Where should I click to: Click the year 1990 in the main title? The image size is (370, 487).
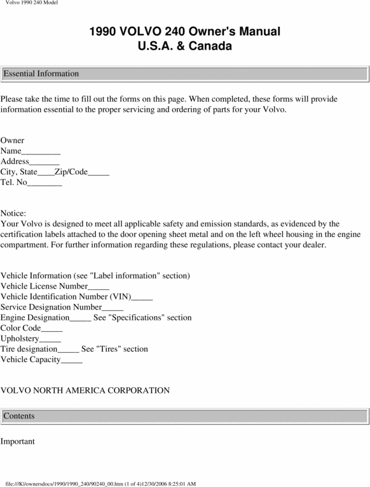(102, 32)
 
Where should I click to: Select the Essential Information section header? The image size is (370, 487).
(41, 74)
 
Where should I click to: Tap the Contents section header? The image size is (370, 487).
(19, 416)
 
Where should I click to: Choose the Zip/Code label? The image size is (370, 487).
(71, 172)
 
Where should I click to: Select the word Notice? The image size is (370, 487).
(13, 214)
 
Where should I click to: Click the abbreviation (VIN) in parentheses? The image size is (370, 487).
(120, 297)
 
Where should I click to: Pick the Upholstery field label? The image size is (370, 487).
(20, 339)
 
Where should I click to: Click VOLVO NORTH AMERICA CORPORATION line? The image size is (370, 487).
(85, 390)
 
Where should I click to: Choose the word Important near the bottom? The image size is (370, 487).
(18, 441)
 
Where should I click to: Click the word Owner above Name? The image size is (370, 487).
(13, 141)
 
